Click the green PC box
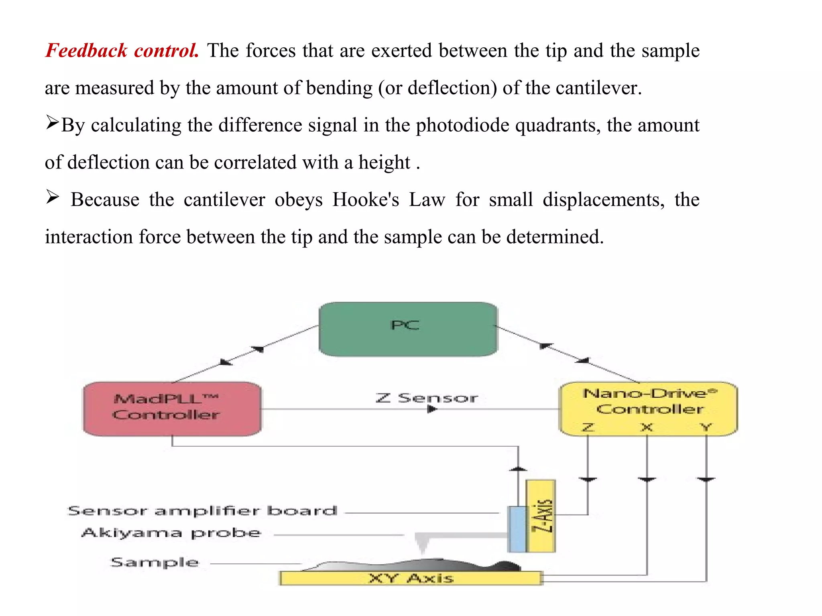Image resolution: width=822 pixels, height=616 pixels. pos(408,329)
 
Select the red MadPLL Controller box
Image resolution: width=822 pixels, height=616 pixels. pos(172,409)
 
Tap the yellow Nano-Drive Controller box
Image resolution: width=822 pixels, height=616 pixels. pos(648,409)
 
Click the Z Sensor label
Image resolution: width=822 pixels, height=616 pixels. pos(427,398)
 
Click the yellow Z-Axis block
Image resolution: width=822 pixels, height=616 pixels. pos(541,516)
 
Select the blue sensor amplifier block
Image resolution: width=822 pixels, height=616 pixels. pos(518,529)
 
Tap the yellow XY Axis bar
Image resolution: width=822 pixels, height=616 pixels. pos(411,578)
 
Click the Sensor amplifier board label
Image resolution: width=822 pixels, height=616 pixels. pos(202,511)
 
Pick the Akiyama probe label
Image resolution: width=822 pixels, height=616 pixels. pos(171,533)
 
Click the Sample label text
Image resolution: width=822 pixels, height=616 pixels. pos(155,562)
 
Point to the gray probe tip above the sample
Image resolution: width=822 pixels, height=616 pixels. pos(422,544)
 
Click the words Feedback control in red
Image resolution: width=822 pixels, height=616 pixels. pos(122,51)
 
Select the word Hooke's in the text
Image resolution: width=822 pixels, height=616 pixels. pos(366,199)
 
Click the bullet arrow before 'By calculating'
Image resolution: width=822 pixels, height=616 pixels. pos(52,122)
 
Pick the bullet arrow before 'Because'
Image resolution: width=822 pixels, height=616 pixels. pos(52,197)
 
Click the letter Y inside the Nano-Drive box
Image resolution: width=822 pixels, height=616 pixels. pos(706,427)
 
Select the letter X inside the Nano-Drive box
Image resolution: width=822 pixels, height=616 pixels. pos(647,427)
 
